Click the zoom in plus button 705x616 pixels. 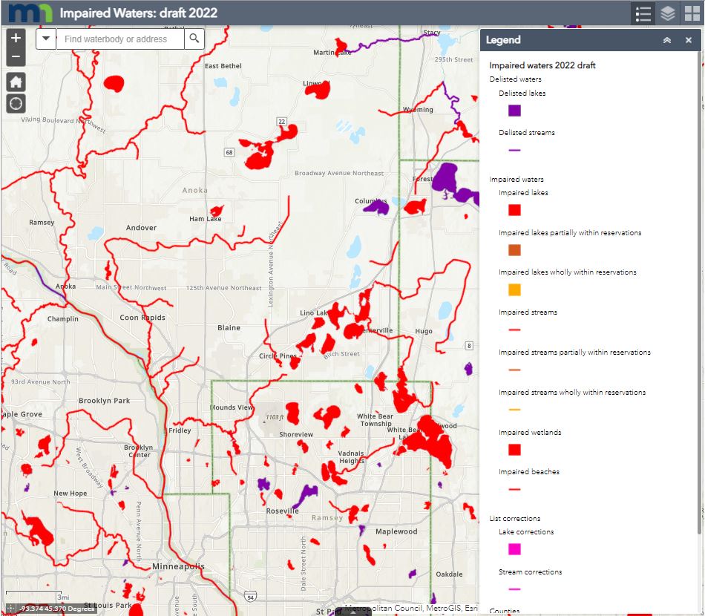pos(16,38)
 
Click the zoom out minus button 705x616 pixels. pos(16,56)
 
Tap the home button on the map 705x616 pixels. pos(16,81)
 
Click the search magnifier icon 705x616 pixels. pos(194,39)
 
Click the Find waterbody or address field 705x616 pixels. pos(119,39)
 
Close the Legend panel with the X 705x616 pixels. pos(689,40)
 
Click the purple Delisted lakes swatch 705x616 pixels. pos(514,111)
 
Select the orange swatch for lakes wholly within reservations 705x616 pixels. pos(514,289)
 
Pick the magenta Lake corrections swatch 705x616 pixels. pos(514,549)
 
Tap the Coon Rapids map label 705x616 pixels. pos(142,318)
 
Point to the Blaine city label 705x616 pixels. pos(229,327)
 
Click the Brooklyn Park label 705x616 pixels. pos(104,401)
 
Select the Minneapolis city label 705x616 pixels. pos(177,566)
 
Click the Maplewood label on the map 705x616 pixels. pos(396,531)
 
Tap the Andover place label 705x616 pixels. pos(141,228)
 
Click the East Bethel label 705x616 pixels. pos(223,66)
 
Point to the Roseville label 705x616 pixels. pos(282,511)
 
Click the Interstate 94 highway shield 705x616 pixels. pos(250,595)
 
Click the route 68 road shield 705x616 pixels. pos(229,152)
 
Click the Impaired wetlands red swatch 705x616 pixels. pos(514,450)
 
